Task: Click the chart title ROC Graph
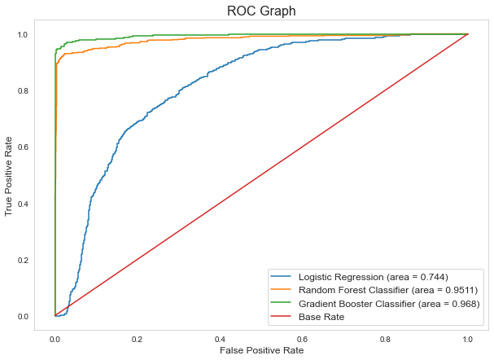pos(261,11)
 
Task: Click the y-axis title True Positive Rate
pos(10,175)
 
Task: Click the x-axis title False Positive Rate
pos(261,350)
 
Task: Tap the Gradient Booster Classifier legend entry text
pos(391,303)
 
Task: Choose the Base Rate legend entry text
pos(327,316)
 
